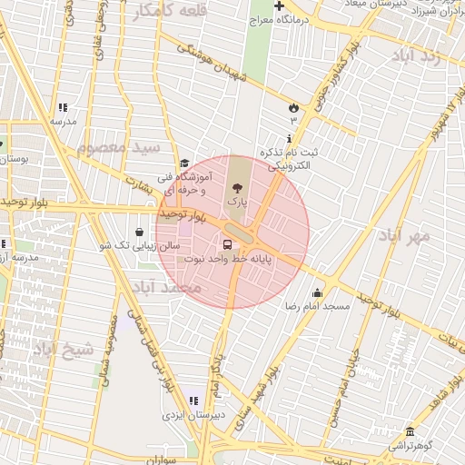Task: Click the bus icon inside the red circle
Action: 225,243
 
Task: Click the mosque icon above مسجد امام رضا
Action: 316,292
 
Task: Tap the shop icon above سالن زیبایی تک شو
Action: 139,232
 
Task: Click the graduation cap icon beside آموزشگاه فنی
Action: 184,163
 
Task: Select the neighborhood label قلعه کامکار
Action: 170,11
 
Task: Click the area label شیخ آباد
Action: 63,349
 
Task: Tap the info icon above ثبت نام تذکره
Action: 289,138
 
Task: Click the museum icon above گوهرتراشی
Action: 411,431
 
